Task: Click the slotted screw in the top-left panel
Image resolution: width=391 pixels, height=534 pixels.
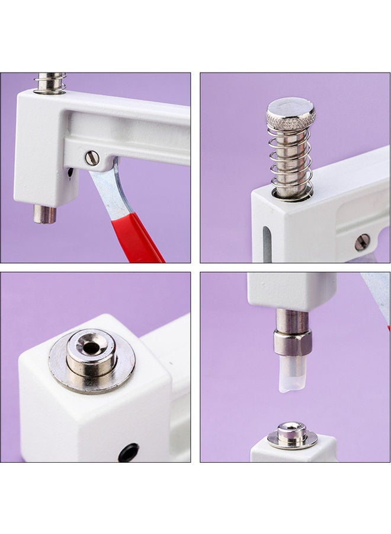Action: coord(92,158)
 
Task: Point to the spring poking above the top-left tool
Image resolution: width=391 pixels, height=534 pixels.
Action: coord(51,82)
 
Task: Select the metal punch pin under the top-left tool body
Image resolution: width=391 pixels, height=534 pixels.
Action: coord(45,214)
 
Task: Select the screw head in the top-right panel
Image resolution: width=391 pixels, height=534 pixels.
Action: coord(362,241)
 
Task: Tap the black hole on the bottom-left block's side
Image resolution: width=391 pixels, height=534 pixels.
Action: coord(128,452)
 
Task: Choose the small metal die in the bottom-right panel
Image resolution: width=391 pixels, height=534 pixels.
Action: coord(292,434)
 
